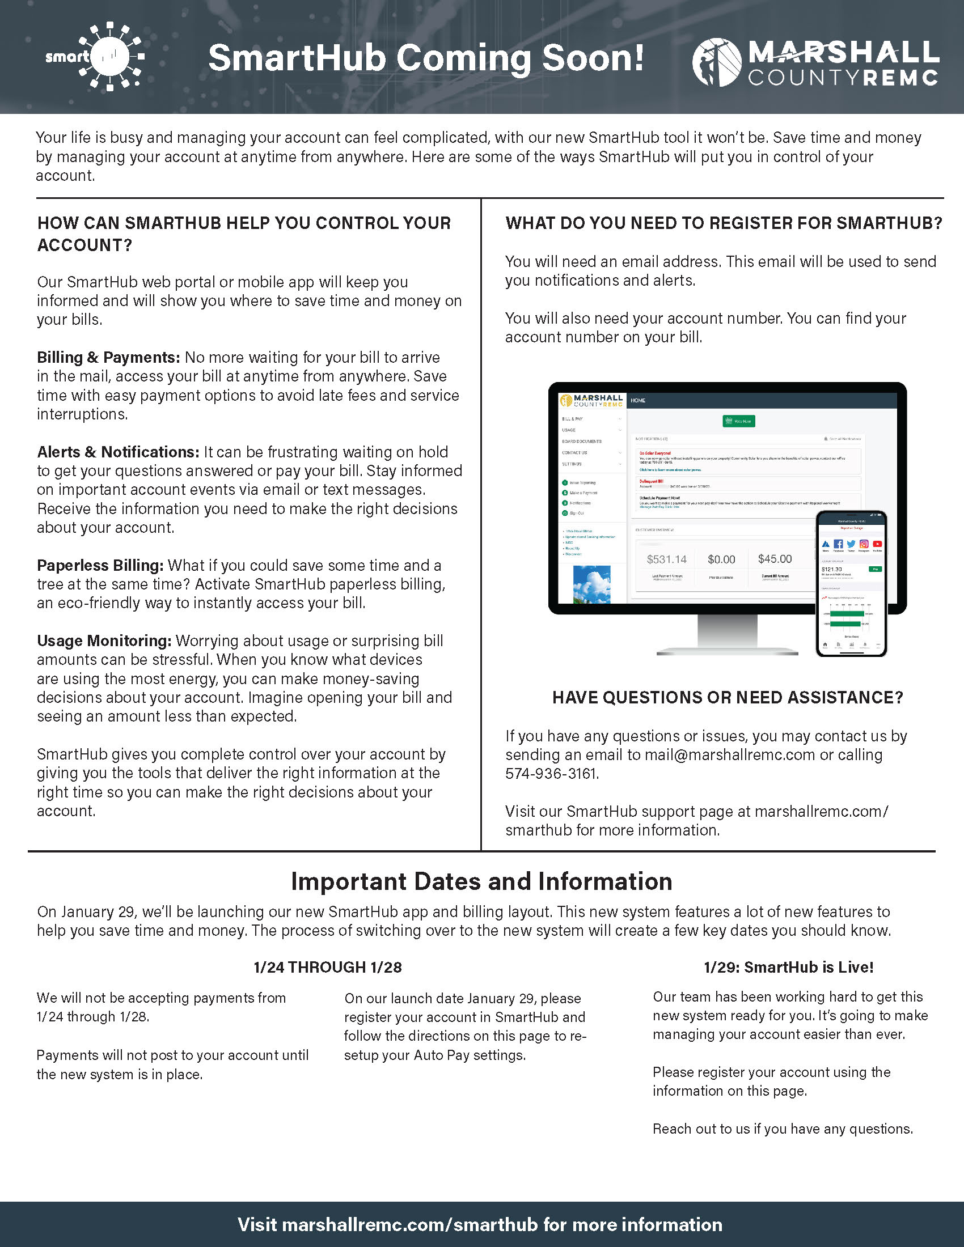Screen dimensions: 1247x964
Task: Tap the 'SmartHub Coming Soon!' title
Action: tap(425, 58)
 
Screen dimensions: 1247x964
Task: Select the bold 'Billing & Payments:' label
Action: tap(108, 358)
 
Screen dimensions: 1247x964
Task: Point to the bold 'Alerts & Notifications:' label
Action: tap(118, 452)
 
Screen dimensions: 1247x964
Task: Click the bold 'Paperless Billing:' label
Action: tap(100, 565)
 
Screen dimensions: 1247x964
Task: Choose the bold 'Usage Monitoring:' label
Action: tap(104, 641)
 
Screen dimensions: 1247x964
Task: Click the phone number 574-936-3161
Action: tap(551, 774)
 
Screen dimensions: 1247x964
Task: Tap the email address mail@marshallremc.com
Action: tap(729, 755)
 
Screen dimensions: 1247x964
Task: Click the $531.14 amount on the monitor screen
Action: tap(666, 559)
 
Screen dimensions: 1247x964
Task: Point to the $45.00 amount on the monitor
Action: tap(775, 559)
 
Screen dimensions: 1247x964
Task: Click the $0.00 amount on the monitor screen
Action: tap(721, 559)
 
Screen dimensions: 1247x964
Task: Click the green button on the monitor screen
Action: tap(739, 421)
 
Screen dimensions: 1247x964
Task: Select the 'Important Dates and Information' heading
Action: tap(481, 881)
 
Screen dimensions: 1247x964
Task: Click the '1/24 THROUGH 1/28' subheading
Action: tap(328, 967)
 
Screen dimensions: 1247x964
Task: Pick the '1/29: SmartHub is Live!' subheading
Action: tap(788, 967)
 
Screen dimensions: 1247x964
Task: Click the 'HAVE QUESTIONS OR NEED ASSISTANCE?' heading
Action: tap(728, 697)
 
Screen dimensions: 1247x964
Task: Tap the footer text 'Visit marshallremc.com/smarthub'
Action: tap(480, 1225)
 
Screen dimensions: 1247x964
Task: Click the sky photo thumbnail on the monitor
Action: tap(591, 584)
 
